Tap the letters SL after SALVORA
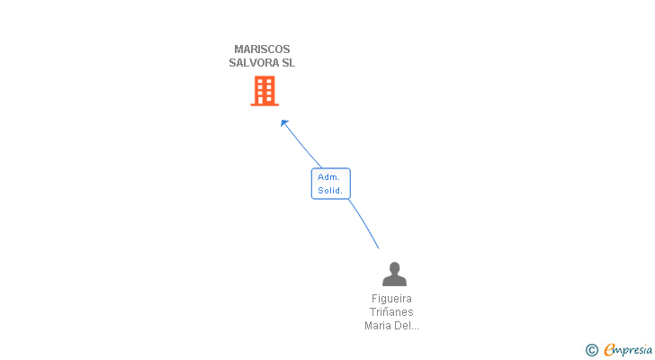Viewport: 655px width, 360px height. pyautogui.click(x=287, y=64)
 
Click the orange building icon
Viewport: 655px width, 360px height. pyautogui.click(x=264, y=91)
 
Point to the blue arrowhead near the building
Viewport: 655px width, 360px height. pyautogui.click(x=284, y=123)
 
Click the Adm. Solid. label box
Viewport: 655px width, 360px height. pyautogui.click(x=330, y=184)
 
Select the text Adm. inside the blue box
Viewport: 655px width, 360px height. pyautogui.click(x=328, y=177)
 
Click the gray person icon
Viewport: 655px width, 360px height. pyautogui.click(x=394, y=274)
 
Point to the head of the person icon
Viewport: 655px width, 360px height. pyautogui.click(x=394, y=267)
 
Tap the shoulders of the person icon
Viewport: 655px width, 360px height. pyautogui.click(x=394, y=280)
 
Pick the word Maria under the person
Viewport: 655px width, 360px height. pyautogui.click(x=379, y=326)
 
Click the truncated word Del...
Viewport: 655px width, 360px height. pyautogui.click(x=407, y=326)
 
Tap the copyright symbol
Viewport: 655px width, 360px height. pyautogui.click(x=591, y=350)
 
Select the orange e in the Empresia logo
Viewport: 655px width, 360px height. pyautogui.click(x=609, y=350)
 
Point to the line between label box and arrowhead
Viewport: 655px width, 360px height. pyautogui.click(x=303, y=147)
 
